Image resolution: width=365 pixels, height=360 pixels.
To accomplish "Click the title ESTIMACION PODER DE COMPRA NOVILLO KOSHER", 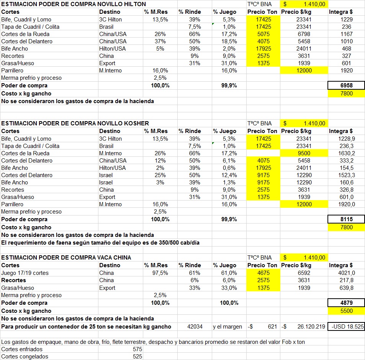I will click(x=75, y=123).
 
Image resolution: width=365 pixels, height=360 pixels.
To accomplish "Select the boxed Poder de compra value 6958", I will click(x=346, y=85).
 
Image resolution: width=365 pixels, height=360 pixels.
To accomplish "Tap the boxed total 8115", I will click(x=346, y=219).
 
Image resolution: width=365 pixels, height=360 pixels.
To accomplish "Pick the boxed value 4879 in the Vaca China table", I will click(x=346, y=303).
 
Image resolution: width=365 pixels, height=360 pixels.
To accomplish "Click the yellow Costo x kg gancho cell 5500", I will click(x=346, y=311).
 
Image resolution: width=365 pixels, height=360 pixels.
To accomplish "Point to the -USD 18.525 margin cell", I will click(x=346, y=327).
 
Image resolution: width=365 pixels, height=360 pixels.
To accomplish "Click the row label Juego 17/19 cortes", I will click(x=25, y=273).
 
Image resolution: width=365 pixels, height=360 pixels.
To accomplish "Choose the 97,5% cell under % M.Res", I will click(x=160, y=273).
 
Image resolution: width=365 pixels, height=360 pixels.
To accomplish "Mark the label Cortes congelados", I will click(x=25, y=357).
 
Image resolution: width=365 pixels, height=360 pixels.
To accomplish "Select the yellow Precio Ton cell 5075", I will click(x=263, y=34).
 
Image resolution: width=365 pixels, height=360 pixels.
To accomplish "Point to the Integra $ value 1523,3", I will click(x=346, y=175).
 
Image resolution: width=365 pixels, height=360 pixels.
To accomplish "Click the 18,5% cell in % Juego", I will click(x=229, y=41).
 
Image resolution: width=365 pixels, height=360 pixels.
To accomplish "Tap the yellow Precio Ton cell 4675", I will click(x=263, y=273).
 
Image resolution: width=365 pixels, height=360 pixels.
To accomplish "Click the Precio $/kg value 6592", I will click(x=303, y=273).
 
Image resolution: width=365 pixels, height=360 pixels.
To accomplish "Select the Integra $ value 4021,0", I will click(x=346, y=273).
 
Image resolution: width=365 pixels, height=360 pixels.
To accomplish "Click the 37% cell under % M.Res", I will click(x=160, y=41).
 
